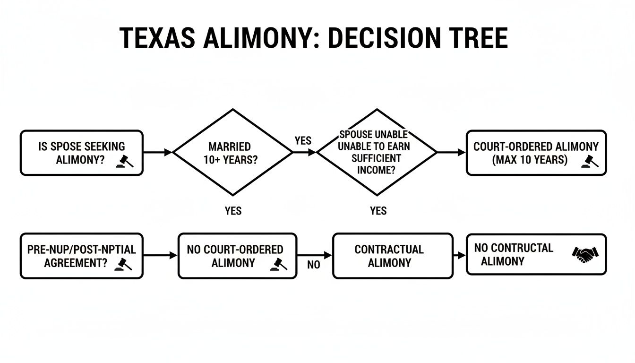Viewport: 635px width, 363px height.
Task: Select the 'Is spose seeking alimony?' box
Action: [81, 153]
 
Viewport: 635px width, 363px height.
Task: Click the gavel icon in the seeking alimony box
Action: [125, 161]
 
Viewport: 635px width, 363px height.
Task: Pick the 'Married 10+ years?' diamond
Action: [233, 152]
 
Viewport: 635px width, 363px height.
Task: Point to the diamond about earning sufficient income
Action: [377, 152]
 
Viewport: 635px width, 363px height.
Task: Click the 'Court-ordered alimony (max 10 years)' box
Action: [536, 153]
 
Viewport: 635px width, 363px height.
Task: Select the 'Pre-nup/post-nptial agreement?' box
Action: [81, 256]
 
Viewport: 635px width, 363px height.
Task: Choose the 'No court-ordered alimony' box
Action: [237, 256]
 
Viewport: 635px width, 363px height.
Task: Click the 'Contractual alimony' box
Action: [393, 256]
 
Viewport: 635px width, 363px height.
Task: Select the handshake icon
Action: [585, 255]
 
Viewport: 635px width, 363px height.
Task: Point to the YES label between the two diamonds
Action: [303, 141]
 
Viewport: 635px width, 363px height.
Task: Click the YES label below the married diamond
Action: [233, 210]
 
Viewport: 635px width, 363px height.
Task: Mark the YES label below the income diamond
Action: [378, 210]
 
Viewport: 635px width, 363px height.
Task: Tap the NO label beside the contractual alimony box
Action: [314, 265]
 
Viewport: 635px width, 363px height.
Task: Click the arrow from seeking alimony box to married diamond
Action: [158, 152]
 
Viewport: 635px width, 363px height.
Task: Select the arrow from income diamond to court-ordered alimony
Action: [452, 152]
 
